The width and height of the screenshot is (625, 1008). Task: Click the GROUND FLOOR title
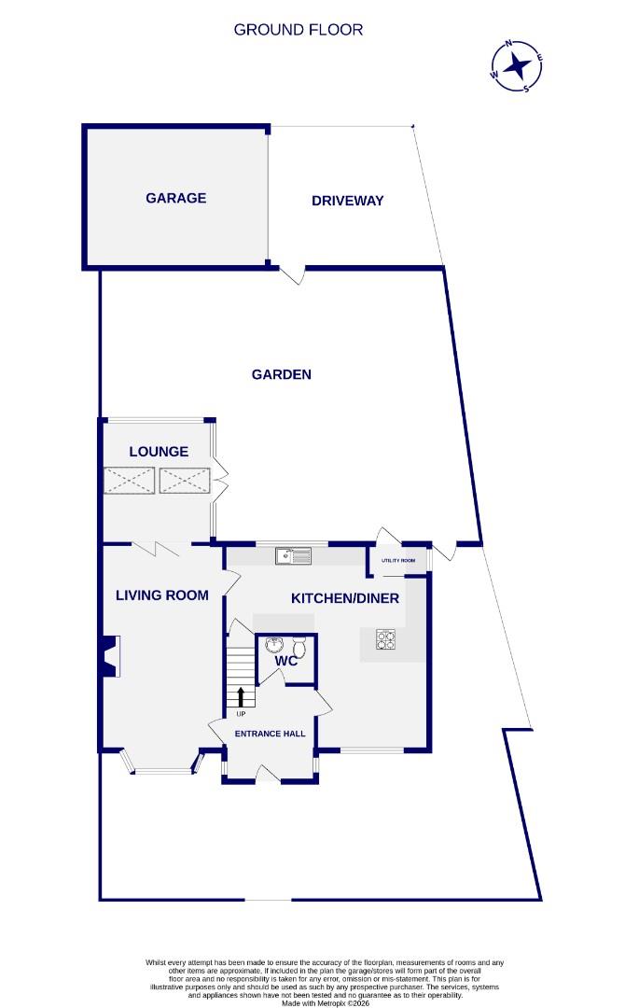[x=299, y=30]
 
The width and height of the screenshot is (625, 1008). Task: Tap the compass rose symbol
[x=517, y=66]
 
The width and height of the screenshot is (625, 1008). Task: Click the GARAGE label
[x=175, y=198]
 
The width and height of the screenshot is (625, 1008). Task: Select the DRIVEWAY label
[x=348, y=201]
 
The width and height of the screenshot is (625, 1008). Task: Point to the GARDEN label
[x=281, y=374]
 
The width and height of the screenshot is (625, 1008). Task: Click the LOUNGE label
[x=159, y=452]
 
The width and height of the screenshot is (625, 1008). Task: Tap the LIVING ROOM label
[x=161, y=595]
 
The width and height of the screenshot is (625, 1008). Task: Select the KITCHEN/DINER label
[x=345, y=598]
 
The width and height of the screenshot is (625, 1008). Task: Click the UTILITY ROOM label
[x=402, y=561]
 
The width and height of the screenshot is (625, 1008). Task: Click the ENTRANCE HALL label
[x=271, y=735]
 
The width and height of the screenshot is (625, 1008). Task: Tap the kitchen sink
[x=293, y=556]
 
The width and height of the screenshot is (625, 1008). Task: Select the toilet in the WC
[x=299, y=647]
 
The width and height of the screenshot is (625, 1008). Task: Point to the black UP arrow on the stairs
[x=242, y=697]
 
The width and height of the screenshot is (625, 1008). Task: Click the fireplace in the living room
[x=110, y=655]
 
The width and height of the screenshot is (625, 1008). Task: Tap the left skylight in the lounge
[x=130, y=482]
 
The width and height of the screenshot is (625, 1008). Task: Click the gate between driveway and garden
[x=294, y=273]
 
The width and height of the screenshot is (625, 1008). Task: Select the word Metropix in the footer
[x=318, y=1002]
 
